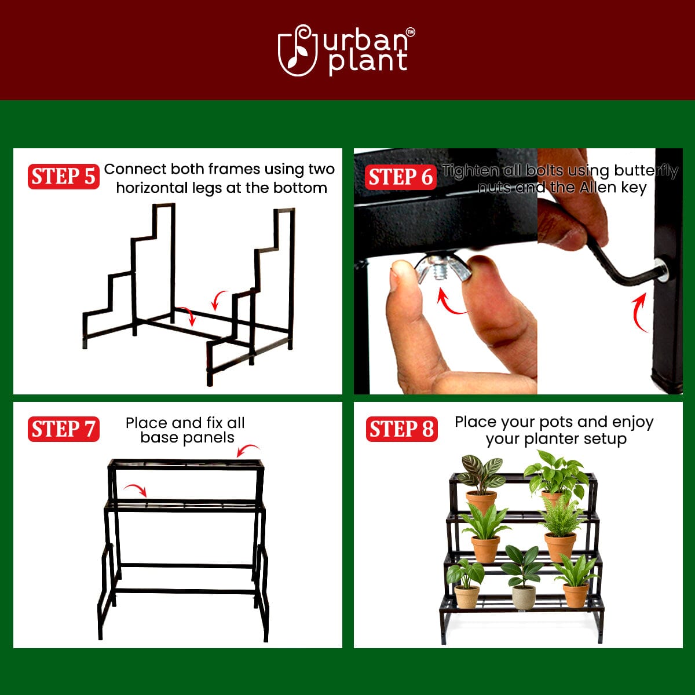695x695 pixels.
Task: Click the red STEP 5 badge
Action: [x=63, y=177]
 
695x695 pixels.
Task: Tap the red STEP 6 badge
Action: [x=401, y=177]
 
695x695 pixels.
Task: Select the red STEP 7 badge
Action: [x=63, y=429]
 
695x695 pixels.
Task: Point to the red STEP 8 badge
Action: [x=401, y=429]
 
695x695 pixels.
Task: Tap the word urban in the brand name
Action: [x=364, y=41]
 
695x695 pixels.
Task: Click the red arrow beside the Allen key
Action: [x=639, y=313]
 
